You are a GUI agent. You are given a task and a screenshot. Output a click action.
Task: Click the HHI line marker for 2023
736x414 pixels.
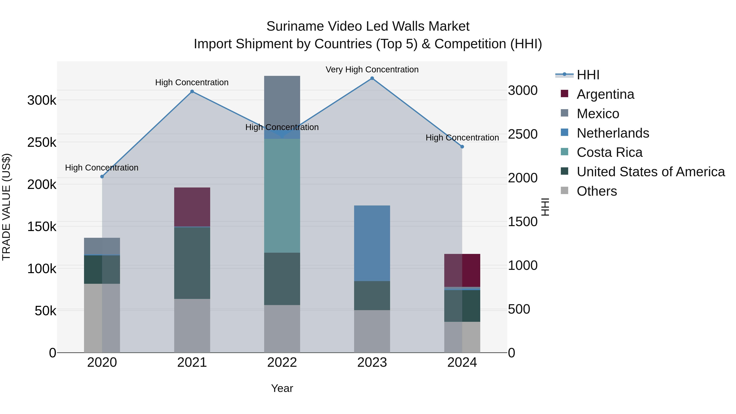click(x=372, y=78)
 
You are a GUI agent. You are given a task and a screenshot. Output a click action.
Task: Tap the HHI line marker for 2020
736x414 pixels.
click(x=102, y=177)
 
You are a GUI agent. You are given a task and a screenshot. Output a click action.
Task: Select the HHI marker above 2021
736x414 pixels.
click(x=192, y=91)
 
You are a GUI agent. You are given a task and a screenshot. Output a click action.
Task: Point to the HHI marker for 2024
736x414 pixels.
click(x=462, y=147)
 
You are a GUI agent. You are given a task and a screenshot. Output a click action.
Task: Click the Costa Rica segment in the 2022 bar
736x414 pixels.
click(x=282, y=196)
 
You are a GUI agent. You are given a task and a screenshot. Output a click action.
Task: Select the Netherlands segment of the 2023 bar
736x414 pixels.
click(x=372, y=243)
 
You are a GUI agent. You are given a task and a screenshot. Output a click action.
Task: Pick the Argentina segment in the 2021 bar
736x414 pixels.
click(x=192, y=207)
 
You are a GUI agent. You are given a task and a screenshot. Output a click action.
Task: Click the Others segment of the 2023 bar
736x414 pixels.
click(x=372, y=331)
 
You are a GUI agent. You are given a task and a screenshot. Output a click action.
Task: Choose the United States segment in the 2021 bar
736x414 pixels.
click(x=192, y=263)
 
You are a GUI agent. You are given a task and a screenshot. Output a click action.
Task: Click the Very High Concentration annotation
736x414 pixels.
click(x=372, y=70)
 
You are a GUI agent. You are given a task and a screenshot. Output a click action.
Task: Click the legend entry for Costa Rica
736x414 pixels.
click(x=609, y=152)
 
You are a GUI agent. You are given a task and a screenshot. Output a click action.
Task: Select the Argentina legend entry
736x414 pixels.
click(x=605, y=94)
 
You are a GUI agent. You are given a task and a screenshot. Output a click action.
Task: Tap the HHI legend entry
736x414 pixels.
click(x=588, y=75)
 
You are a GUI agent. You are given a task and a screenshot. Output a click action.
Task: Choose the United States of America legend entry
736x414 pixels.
click(x=651, y=172)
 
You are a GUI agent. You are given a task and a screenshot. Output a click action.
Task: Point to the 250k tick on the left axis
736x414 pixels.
click(x=42, y=142)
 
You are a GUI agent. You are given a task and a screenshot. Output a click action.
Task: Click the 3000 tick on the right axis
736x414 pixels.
click(x=523, y=91)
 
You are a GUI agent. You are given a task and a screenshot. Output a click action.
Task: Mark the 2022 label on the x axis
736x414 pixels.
click(x=282, y=362)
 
